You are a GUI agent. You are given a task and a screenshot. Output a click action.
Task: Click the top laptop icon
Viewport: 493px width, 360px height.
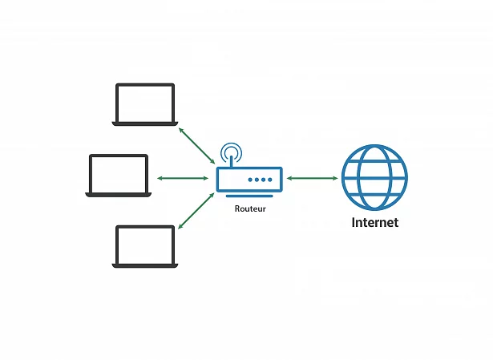click(145, 105)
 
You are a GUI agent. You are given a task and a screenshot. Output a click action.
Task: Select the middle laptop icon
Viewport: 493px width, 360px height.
click(118, 176)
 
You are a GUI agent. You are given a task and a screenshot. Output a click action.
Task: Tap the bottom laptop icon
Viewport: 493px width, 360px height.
click(145, 246)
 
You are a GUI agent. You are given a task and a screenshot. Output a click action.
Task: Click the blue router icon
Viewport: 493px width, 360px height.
click(249, 179)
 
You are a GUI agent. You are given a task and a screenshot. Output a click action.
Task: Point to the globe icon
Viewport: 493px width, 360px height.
click(374, 178)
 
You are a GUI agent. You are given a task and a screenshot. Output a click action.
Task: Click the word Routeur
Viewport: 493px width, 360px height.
click(250, 208)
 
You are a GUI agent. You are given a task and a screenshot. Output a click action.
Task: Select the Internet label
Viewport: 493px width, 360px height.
click(375, 222)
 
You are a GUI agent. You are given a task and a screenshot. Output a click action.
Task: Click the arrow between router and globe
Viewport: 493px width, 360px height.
click(312, 178)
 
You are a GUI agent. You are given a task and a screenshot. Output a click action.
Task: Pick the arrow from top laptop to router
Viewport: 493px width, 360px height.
click(197, 146)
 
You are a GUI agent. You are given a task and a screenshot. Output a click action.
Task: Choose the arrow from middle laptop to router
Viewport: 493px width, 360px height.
click(183, 178)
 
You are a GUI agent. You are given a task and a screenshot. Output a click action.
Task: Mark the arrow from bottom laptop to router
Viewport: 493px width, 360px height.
click(196, 211)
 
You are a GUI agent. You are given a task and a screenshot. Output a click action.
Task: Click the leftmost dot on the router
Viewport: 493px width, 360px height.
click(250, 180)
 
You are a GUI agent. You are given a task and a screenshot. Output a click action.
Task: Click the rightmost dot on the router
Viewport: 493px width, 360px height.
click(270, 180)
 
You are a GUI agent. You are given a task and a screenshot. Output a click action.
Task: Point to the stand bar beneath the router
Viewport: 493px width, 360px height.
click(249, 196)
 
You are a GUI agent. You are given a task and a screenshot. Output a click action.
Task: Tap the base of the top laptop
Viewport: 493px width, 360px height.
click(145, 124)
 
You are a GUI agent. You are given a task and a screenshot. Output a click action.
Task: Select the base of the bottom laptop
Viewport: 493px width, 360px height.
click(145, 265)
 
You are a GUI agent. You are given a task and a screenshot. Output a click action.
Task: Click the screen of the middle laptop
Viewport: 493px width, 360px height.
click(119, 174)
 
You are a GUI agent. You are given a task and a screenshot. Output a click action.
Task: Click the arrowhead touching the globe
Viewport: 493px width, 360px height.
click(335, 178)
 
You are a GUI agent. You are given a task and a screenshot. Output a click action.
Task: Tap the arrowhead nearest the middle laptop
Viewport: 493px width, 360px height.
click(160, 178)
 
